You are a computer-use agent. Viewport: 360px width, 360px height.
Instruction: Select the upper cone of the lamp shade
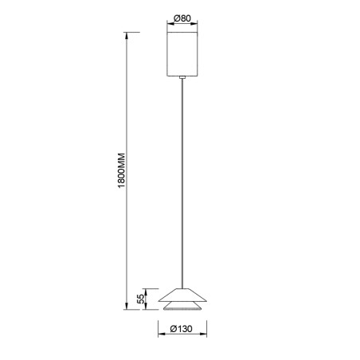click(x=184, y=294)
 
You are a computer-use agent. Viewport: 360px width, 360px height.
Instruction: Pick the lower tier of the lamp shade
click(x=184, y=307)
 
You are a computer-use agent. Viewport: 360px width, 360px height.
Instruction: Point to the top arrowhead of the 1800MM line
click(x=127, y=35)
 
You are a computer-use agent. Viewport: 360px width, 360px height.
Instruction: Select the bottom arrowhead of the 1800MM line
click(x=127, y=307)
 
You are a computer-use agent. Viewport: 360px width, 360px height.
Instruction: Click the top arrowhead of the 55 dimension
click(x=146, y=289)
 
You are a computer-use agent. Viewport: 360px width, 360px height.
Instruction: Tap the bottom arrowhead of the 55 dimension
click(x=146, y=308)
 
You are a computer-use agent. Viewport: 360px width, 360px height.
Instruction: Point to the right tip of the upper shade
click(x=207, y=300)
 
